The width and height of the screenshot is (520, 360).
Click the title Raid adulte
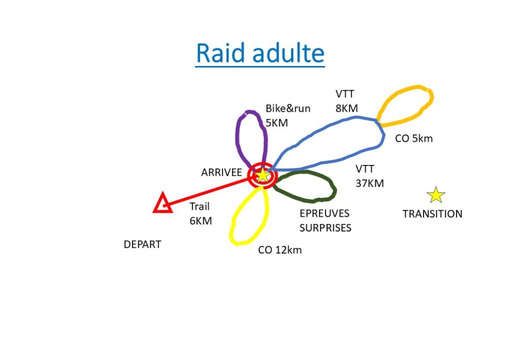pos(260,53)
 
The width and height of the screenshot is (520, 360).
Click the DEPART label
pos(142,245)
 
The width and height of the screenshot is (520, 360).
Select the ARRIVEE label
pos(221,172)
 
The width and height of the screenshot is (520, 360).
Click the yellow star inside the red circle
pos(263,175)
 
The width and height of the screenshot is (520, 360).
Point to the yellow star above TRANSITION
pos(436,195)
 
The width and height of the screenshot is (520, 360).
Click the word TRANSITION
pos(433,214)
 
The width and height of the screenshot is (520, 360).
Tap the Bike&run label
pos(288,108)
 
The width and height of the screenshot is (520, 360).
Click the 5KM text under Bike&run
pos(277,123)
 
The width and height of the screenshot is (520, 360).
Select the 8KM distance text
pos(346,108)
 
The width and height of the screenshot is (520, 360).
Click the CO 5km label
pos(414,138)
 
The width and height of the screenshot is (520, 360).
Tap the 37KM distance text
pos(370,183)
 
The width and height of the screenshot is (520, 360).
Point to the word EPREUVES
pos(324,213)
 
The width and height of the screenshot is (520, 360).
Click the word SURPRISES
pos(326,228)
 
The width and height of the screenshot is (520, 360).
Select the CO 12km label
pos(280,250)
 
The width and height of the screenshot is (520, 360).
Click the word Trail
pos(200,207)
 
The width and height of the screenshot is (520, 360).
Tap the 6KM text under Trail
pos(201,221)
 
